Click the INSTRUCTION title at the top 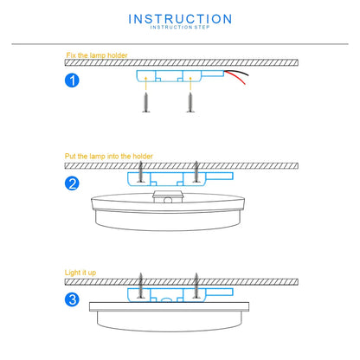(x=179, y=18)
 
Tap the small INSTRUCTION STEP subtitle (x=179, y=29)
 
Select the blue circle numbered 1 (x=74, y=82)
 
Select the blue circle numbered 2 (x=74, y=183)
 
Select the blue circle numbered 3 (x=74, y=300)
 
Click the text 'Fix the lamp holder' (x=96, y=56)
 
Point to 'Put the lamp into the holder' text (x=109, y=157)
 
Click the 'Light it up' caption (x=80, y=273)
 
